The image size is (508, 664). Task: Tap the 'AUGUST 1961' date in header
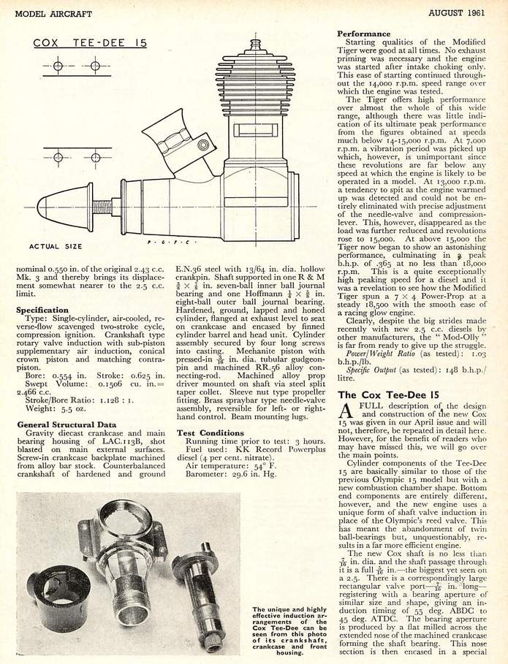(460, 11)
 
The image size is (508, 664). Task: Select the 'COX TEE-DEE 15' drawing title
(90, 43)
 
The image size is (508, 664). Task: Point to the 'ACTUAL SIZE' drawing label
(54, 247)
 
